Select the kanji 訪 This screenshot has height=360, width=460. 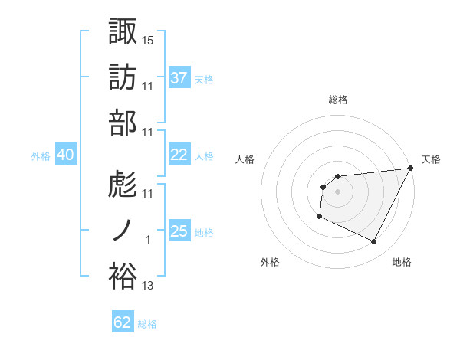[x=123, y=77]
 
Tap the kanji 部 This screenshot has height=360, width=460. [x=123, y=123]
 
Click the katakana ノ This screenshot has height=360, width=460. [x=123, y=231]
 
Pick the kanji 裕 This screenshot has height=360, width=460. [x=123, y=277]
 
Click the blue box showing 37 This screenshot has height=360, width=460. [x=179, y=77]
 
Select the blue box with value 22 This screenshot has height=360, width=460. [x=179, y=155]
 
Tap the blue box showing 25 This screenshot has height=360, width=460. [x=179, y=231]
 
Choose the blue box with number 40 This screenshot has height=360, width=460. [x=66, y=155]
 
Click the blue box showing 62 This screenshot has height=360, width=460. [x=123, y=322]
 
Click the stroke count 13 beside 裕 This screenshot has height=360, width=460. [x=149, y=286]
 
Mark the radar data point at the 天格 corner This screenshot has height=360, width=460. [x=412, y=168]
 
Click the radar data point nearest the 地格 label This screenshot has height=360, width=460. [x=374, y=242]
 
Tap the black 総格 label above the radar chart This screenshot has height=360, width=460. [x=337, y=100]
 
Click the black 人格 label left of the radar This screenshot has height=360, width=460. [x=245, y=159]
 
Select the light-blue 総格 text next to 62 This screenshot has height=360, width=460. [x=147, y=324]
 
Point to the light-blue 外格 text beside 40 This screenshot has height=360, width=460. [x=41, y=155]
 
